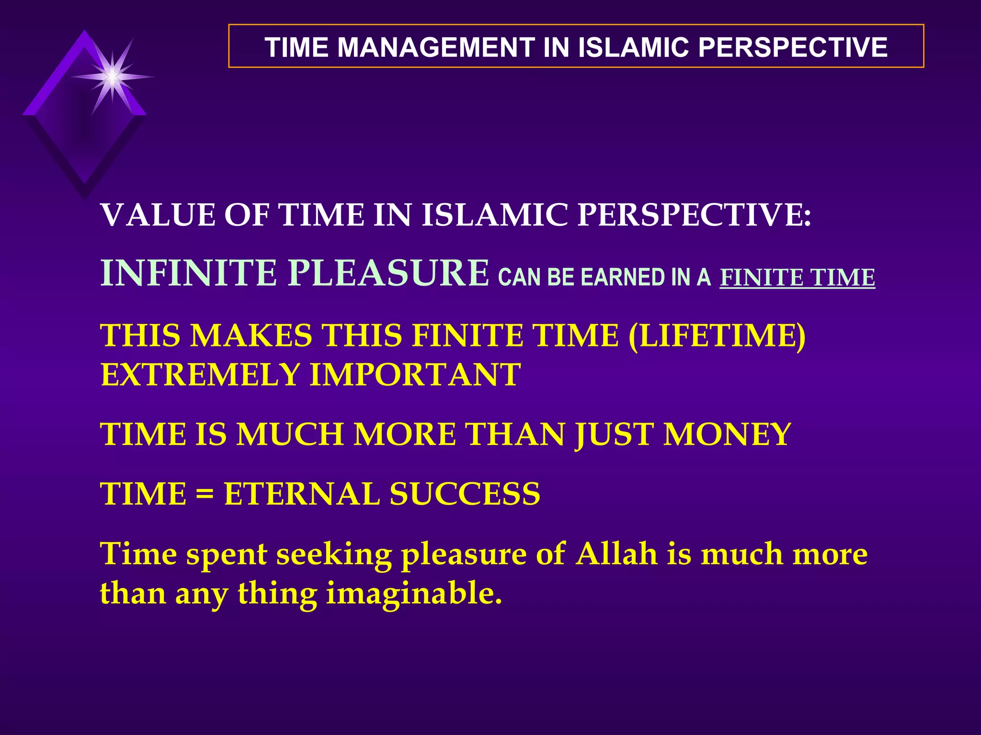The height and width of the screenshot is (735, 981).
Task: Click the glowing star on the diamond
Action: pos(112,77)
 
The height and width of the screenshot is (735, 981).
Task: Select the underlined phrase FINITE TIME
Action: pos(797,278)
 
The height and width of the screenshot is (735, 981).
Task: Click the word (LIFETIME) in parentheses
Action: pos(717,335)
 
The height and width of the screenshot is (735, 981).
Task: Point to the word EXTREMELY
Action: pos(200,375)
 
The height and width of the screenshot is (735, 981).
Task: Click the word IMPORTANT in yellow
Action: pos(415,375)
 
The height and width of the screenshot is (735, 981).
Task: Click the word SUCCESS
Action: pos(465,494)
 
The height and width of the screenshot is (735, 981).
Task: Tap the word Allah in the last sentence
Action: pos(616,554)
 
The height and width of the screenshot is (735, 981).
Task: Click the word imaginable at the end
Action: pos(414,594)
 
